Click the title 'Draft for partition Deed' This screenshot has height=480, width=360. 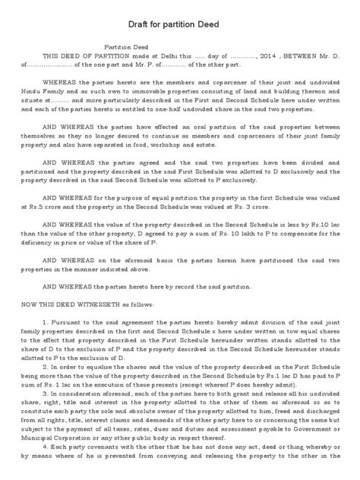(x=179, y=24)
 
